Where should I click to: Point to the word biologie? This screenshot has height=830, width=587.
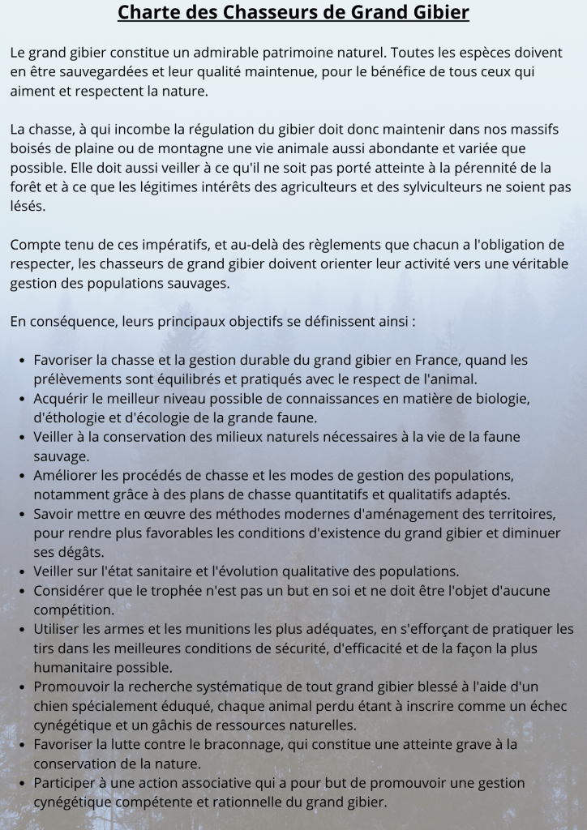pos(502,398)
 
